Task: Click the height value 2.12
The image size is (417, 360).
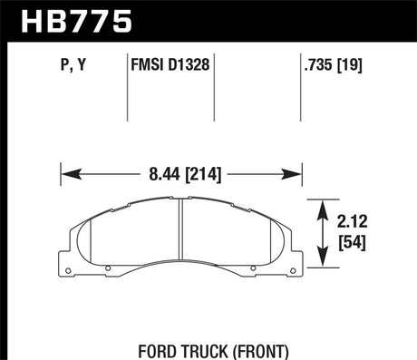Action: click(354, 219)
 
